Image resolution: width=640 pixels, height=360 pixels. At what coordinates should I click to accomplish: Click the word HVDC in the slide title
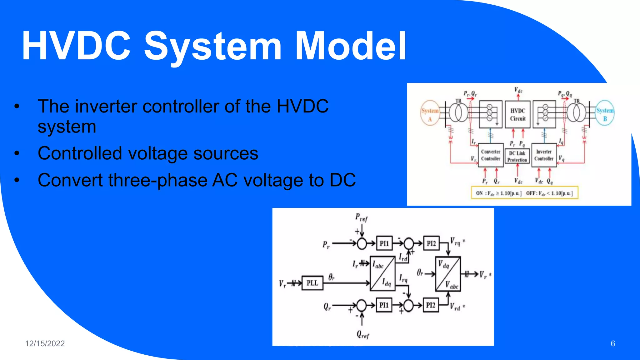(76, 46)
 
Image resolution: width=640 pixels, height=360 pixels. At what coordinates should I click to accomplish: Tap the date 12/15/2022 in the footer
(45, 343)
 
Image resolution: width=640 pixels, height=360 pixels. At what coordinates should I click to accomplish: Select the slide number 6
(612, 343)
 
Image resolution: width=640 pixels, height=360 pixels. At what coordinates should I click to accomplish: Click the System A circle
(430, 113)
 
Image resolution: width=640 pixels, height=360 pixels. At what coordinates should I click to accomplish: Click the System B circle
(605, 113)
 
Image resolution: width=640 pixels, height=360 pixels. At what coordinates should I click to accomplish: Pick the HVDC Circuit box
(517, 114)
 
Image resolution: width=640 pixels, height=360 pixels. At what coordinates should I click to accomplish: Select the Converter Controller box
(491, 155)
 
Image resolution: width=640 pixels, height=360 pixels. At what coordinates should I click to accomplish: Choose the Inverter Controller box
(544, 155)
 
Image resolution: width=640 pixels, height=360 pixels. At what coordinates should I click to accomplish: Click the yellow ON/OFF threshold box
(524, 193)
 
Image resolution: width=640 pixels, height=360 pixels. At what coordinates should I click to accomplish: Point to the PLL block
(312, 283)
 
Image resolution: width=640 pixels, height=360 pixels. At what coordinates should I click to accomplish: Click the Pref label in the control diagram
(361, 217)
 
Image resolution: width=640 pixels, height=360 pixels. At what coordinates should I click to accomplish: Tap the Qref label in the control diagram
(363, 335)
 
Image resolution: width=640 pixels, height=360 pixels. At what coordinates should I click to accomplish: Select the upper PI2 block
(431, 243)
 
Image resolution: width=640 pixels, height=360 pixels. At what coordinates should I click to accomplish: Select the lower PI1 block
(384, 305)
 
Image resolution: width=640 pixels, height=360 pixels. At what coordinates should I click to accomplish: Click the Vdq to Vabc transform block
(448, 274)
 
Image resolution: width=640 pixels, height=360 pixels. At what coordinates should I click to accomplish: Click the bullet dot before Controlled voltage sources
(17, 153)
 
